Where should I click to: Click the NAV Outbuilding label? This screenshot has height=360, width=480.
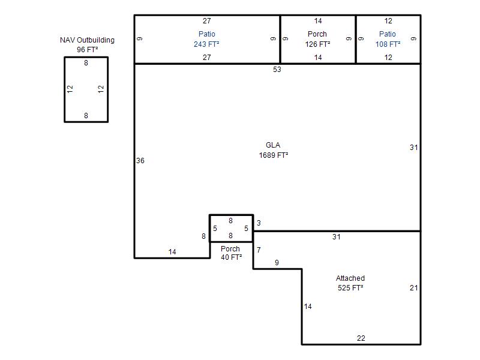click(x=87, y=40)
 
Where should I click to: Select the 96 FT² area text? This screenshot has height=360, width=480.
click(x=87, y=50)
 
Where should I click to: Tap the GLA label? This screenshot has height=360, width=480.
click(x=273, y=145)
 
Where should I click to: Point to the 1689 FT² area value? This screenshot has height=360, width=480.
click(x=274, y=155)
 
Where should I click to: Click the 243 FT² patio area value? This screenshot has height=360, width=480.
click(x=206, y=44)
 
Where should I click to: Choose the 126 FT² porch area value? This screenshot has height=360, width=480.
click(x=317, y=44)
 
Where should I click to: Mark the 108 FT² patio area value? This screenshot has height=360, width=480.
click(x=388, y=44)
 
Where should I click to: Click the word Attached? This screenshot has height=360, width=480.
click(x=350, y=278)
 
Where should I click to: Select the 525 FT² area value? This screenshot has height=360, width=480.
click(x=350, y=288)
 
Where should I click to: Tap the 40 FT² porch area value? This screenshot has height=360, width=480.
click(x=231, y=257)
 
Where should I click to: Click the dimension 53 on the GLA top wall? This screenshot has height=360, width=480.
click(x=277, y=70)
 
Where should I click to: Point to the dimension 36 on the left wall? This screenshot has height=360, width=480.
click(x=140, y=161)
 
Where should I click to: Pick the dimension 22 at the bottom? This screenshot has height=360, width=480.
click(x=361, y=338)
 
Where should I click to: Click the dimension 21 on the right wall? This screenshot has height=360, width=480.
click(x=414, y=288)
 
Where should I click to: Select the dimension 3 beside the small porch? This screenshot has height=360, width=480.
click(x=259, y=223)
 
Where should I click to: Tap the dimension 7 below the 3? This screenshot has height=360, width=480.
click(x=259, y=250)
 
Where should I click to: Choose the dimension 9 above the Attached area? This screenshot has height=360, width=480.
click(x=277, y=263)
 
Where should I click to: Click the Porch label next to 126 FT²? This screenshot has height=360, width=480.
click(x=317, y=34)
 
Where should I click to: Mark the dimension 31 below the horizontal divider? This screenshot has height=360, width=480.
click(x=337, y=236)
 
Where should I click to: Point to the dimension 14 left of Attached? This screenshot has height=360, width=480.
click(x=308, y=307)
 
